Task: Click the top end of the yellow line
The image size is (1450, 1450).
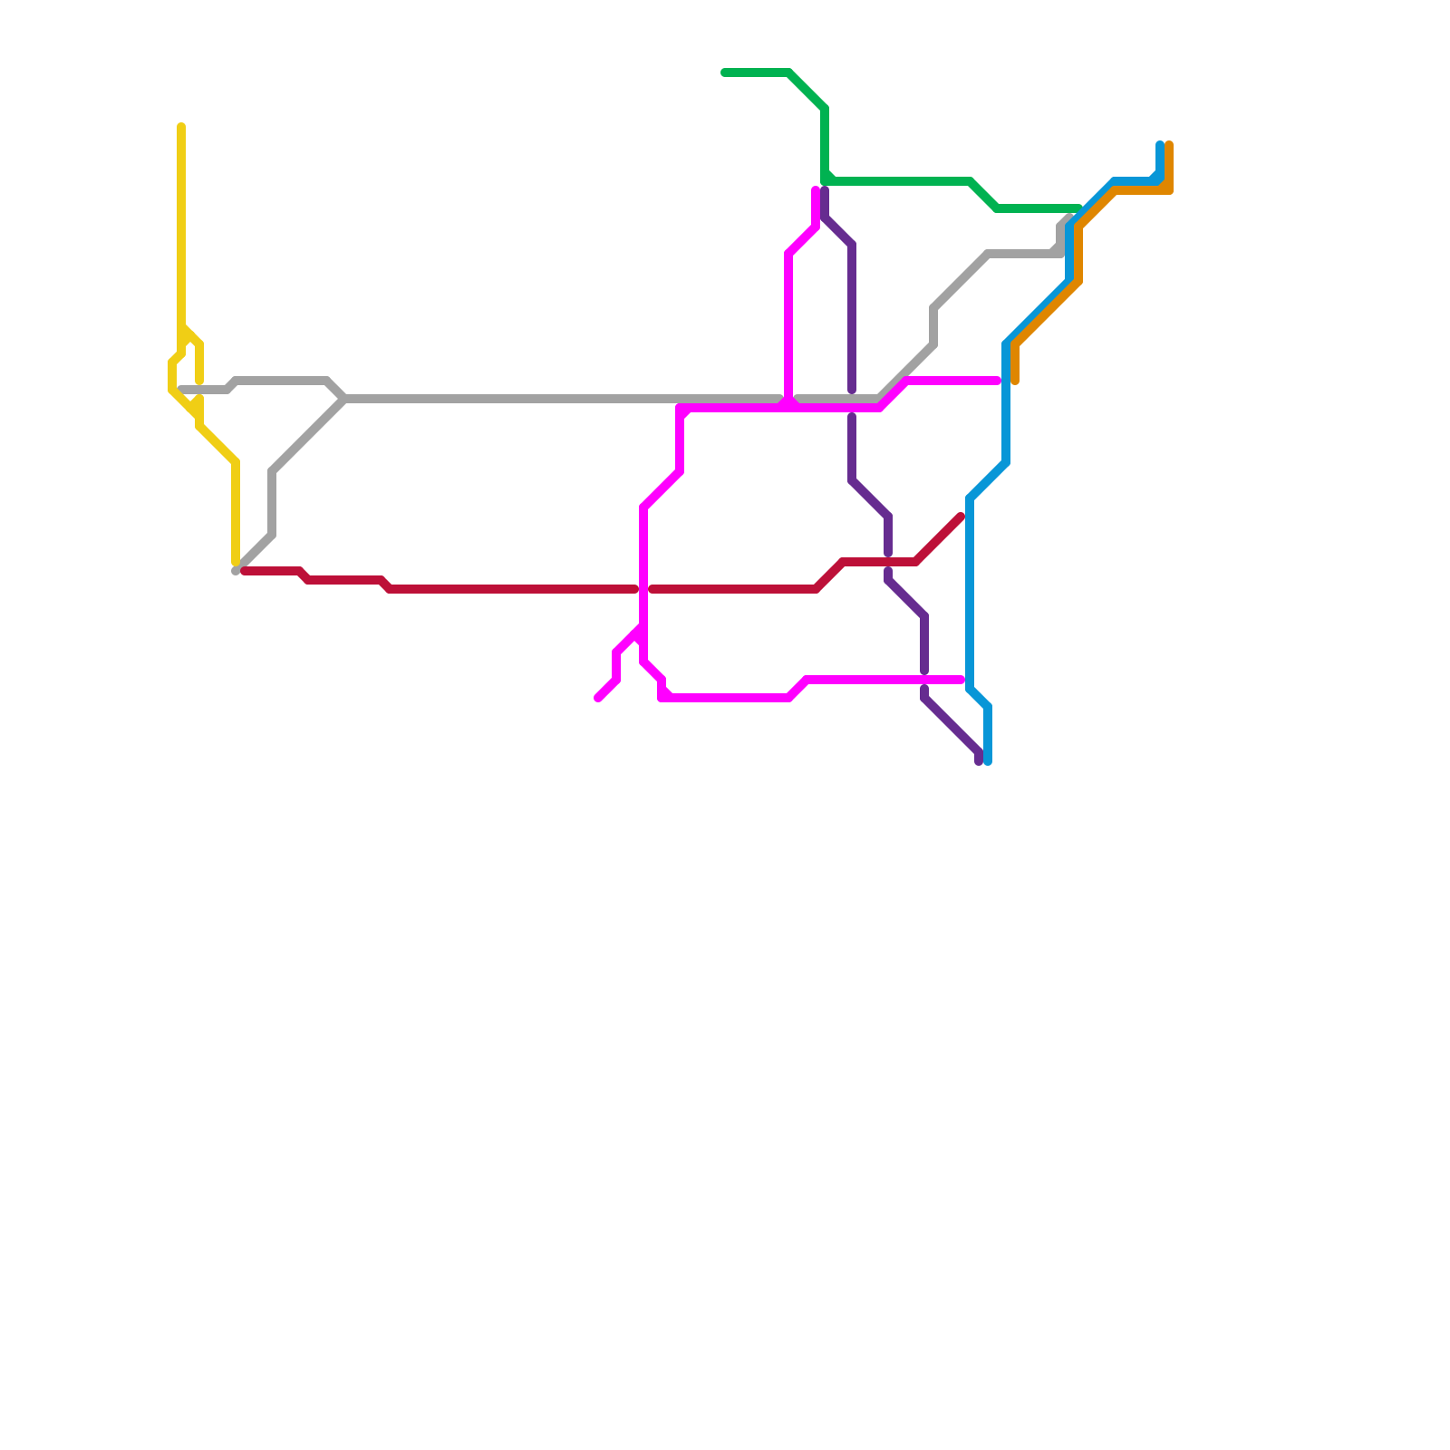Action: (x=181, y=127)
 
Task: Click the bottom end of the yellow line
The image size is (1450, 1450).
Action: (x=236, y=563)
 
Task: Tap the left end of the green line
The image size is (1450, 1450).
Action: (x=725, y=72)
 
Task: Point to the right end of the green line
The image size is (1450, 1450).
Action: (x=1078, y=208)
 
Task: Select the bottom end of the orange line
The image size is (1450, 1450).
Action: (x=1015, y=381)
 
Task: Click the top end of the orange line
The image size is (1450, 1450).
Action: (x=1169, y=145)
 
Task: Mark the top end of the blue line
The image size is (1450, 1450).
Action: (x=1160, y=145)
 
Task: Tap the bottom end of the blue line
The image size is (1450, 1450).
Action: (x=988, y=761)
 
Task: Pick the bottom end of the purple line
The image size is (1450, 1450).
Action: (x=979, y=761)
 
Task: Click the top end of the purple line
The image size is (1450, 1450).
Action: (x=825, y=190)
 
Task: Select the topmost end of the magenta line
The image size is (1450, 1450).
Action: (x=816, y=190)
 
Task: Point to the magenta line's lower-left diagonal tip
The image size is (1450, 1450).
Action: (x=598, y=698)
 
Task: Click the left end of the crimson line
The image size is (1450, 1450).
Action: (x=245, y=571)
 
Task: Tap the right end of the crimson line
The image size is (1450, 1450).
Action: (x=961, y=517)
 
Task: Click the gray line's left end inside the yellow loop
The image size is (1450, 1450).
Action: (x=182, y=390)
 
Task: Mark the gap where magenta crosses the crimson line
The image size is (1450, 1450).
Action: (x=643, y=589)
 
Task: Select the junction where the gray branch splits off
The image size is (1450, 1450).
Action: (x=344, y=399)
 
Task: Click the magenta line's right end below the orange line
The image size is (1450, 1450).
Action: (x=997, y=381)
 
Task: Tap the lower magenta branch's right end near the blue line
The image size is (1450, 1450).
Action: (x=961, y=680)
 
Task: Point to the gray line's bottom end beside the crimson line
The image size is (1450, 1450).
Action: (x=236, y=571)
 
